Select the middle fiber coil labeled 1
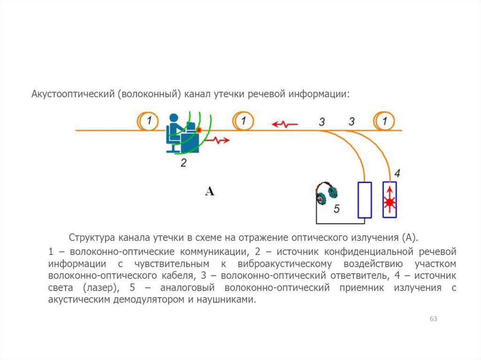243,122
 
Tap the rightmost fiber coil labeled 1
385,122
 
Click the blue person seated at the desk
175,132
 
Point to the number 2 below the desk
184,163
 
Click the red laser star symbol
389,202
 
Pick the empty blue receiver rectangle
365,200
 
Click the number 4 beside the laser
397,174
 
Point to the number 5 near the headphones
336,208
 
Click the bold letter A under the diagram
209,191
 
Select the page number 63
433,319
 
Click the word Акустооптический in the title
73,94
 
